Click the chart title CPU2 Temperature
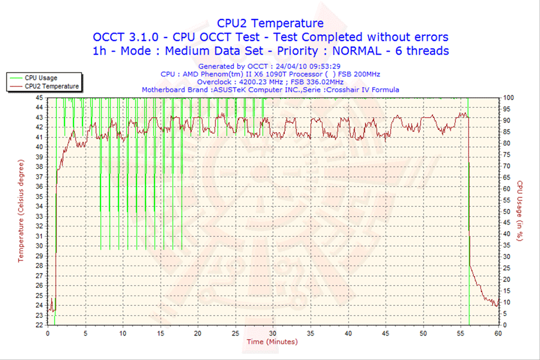point(270,23)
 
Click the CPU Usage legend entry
point(40,77)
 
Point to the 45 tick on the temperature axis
point(39,97)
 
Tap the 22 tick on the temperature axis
point(39,325)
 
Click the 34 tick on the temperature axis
point(39,206)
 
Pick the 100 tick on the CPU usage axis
point(508,97)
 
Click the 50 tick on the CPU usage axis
point(506,211)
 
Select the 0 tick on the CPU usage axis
point(504,325)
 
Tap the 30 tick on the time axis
point(273,333)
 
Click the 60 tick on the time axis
point(498,333)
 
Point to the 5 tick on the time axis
point(85,333)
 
